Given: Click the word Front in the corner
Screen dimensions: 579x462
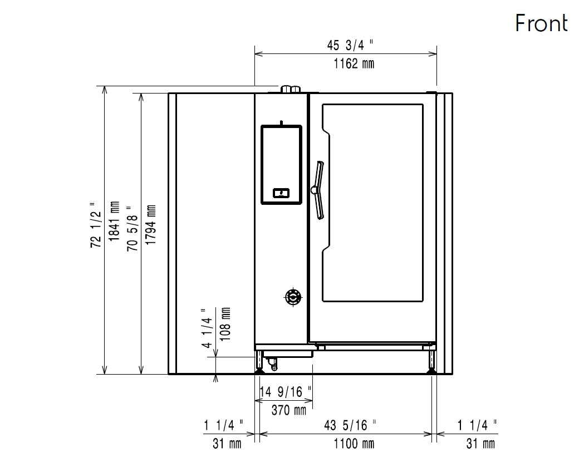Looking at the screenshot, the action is pyautogui.click(x=541, y=23).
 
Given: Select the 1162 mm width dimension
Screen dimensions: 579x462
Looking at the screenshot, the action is pyautogui.click(x=354, y=63).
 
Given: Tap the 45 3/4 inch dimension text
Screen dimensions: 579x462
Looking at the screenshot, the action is pyautogui.click(x=350, y=45).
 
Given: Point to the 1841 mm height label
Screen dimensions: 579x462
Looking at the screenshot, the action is pyautogui.click(x=114, y=221).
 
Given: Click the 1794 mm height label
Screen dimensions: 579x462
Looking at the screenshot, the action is pyautogui.click(x=151, y=224).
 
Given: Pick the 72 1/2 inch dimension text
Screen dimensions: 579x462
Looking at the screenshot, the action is pyautogui.click(x=96, y=224).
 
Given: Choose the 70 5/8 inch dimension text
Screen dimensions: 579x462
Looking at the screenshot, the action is pyautogui.click(x=132, y=228).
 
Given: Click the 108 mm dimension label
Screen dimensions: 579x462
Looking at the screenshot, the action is pyautogui.click(x=225, y=324).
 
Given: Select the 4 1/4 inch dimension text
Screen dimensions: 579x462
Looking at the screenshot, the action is pyautogui.click(x=207, y=328).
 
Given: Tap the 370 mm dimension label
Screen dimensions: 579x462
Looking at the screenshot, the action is pyautogui.click(x=289, y=410).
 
